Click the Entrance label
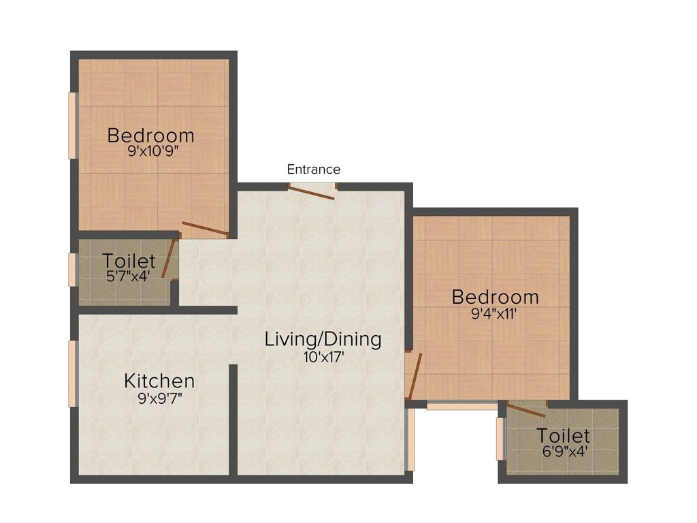(x=313, y=169)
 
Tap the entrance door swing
(x=312, y=192)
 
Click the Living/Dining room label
(x=323, y=338)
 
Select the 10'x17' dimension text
(x=323, y=356)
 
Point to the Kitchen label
(x=159, y=381)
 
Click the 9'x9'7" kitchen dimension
(x=159, y=398)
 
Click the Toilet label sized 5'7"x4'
(x=129, y=261)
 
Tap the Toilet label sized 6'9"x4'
(x=563, y=436)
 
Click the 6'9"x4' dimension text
(x=563, y=451)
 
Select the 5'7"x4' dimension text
(x=129, y=276)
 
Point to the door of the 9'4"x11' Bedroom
(x=413, y=375)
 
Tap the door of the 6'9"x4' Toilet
(x=526, y=409)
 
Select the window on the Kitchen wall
(x=72, y=374)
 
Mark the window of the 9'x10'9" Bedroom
(x=72, y=125)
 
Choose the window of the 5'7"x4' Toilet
(x=72, y=270)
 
